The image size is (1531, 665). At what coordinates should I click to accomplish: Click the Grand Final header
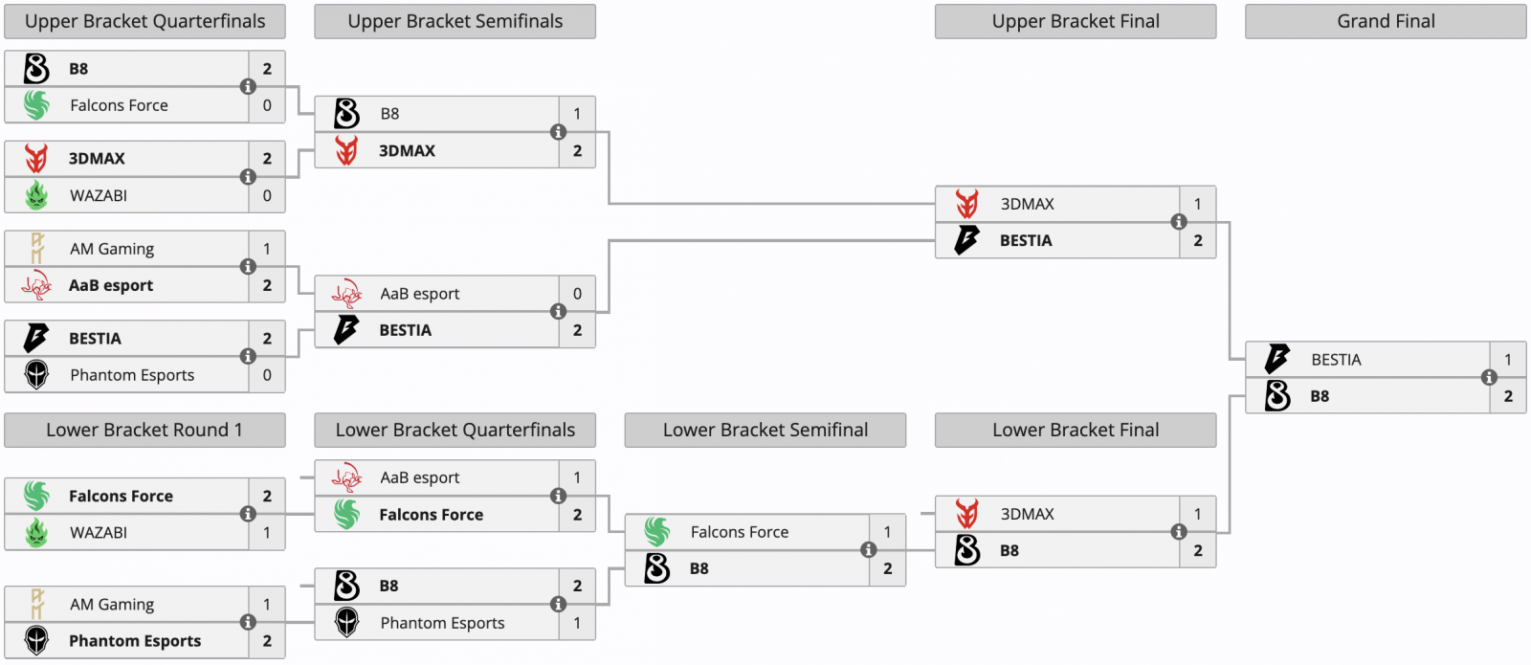click(x=1386, y=21)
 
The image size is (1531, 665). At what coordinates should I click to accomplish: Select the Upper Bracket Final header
click(x=1076, y=21)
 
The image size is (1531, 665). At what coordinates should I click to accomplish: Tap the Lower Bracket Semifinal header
click(x=765, y=430)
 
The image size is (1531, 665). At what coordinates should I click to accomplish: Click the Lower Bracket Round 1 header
click(x=144, y=430)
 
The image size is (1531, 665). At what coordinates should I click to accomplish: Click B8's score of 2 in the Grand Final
click(x=1508, y=396)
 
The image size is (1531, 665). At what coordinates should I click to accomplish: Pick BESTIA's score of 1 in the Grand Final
click(x=1508, y=360)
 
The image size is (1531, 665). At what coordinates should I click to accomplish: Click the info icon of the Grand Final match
click(x=1489, y=377)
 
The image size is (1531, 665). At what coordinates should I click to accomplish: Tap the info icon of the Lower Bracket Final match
click(x=1179, y=532)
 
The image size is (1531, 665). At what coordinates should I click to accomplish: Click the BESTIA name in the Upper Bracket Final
click(x=1026, y=240)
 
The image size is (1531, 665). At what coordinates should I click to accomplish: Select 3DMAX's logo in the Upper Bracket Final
click(x=967, y=204)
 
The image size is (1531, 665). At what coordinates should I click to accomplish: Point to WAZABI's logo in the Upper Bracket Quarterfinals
click(x=36, y=195)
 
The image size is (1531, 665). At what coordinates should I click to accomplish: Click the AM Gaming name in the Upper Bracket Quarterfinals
click(x=112, y=249)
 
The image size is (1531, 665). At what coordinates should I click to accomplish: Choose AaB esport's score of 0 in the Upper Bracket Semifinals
click(x=577, y=294)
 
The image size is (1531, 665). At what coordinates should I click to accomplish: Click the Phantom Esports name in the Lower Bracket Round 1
click(x=135, y=641)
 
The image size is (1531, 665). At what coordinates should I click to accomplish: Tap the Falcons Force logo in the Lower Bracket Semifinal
click(x=657, y=532)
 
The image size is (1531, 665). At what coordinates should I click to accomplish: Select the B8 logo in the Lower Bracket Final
click(x=967, y=550)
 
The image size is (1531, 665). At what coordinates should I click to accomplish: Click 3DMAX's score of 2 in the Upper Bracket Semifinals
click(x=577, y=150)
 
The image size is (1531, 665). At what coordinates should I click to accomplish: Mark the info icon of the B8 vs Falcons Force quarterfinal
click(x=248, y=86)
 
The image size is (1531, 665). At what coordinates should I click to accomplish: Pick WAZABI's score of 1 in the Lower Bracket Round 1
click(x=267, y=532)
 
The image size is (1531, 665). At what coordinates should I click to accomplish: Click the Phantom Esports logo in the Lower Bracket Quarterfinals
click(x=346, y=623)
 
